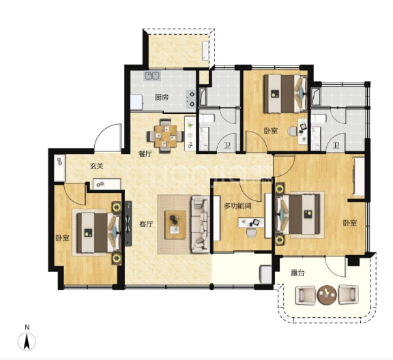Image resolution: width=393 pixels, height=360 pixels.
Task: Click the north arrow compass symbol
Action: click(x=27, y=342)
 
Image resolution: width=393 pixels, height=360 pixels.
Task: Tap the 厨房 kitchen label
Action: click(x=162, y=97)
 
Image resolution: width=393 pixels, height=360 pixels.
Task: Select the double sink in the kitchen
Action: click(x=152, y=76)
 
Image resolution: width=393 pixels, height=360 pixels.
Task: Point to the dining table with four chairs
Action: click(x=165, y=136)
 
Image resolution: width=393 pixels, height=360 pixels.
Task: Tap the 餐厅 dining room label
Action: click(x=145, y=153)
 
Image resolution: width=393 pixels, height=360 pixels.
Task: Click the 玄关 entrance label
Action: click(x=97, y=166)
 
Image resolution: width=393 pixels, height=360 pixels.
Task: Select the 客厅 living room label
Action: click(x=146, y=224)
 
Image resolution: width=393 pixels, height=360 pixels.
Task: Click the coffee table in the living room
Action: click(x=175, y=225)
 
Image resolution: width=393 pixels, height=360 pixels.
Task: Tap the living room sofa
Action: click(x=201, y=224)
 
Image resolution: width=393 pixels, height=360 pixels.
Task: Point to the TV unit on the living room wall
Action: click(x=128, y=224)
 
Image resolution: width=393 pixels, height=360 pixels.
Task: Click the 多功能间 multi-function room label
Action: click(x=237, y=206)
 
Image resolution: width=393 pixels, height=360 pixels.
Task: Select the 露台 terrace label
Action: click(x=297, y=273)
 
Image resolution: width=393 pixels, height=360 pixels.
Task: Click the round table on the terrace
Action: click(x=327, y=295)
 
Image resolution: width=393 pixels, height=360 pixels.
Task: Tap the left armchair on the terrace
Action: click(x=305, y=295)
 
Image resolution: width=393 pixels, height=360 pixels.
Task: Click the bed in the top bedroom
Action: click(x=286, y=93)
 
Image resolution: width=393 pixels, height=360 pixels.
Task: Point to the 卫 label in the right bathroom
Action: click(x=336, y=145)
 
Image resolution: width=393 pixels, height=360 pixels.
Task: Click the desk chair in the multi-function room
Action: click(x=251, y=232)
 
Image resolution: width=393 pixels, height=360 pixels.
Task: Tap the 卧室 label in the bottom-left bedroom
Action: click(x=62, y=237)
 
